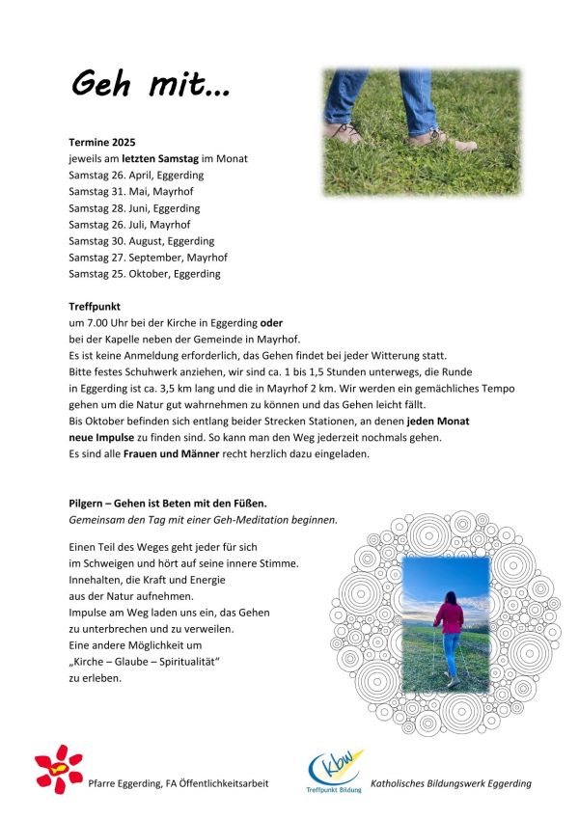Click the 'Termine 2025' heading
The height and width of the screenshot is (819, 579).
[103, 142]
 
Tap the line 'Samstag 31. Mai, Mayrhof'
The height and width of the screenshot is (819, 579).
[131, 191]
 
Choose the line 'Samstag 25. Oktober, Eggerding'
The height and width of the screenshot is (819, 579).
[144, 273]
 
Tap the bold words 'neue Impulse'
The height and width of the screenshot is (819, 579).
[100, 437]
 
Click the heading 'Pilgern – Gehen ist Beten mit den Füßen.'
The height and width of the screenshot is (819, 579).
[168, 503]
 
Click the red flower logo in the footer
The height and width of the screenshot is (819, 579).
[59, 769]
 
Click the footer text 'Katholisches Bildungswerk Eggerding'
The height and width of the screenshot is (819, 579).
[452, 783]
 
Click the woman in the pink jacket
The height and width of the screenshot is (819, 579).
[450, 632]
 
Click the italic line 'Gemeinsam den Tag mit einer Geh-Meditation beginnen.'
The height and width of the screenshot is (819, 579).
[203, 519]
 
